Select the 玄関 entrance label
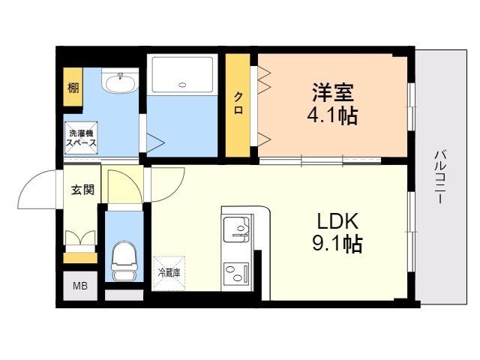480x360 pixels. [x=82, y=190]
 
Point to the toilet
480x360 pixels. [x=122, y=259]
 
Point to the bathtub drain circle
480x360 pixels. [x=182, y=85]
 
